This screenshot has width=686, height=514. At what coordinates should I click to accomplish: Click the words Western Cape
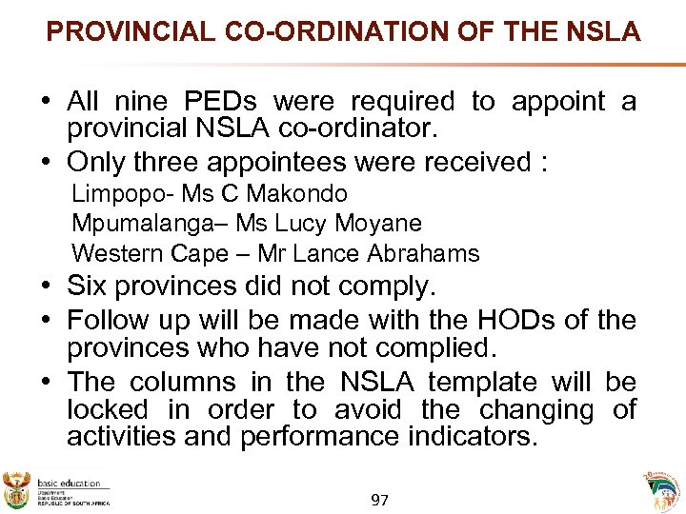(150, 254)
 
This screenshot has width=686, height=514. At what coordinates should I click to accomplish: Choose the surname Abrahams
(426, 254)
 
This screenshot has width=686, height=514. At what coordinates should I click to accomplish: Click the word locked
(107, 410)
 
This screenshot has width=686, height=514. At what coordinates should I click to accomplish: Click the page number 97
(379, 500)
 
